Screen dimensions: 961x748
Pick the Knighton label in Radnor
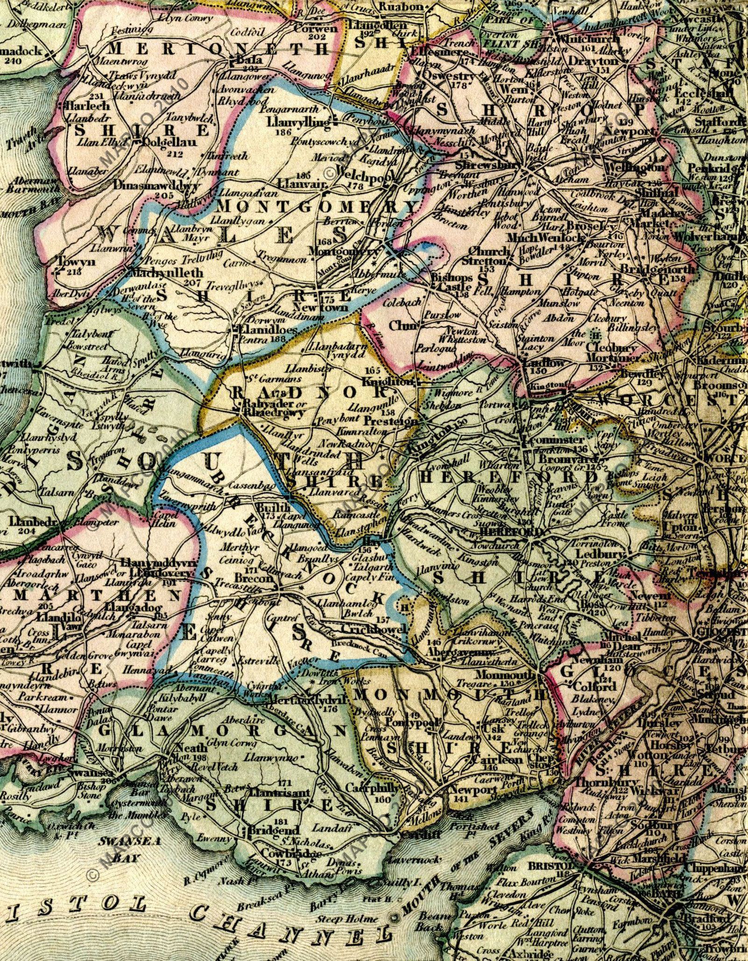point(388,382)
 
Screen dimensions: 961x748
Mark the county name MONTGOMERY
point(319,206)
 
